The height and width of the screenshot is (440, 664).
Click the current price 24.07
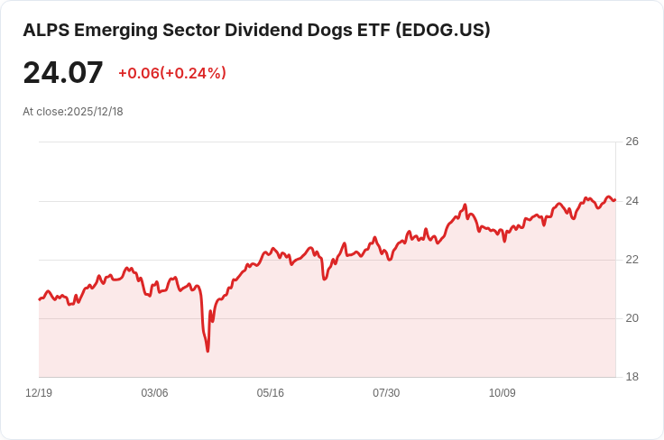(63, 73)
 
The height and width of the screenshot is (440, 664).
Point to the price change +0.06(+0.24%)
(172, 73)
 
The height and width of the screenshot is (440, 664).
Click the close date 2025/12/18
(95, 112)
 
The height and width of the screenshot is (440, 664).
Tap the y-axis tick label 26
(632, 142)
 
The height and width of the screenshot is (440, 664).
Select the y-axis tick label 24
(632, 200)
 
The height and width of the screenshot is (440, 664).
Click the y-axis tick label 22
(632, 260)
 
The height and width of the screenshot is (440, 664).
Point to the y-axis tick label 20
(632, 318)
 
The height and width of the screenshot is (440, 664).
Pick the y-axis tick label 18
(632, 377)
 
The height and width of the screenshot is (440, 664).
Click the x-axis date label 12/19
(39, 393)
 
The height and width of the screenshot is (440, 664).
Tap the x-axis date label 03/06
(154, 393)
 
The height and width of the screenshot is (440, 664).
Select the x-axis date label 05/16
(270, 393)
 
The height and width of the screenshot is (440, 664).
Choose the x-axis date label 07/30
(386, 393)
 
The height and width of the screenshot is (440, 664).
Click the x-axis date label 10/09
(502, 393)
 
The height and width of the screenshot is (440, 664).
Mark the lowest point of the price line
(207, 351)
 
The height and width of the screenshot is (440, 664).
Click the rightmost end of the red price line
(615, 199)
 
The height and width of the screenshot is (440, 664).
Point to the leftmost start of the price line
(39, 298)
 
